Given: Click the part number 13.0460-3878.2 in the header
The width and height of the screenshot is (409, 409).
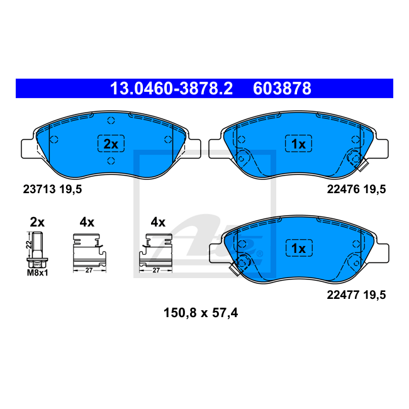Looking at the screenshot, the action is point(171,89).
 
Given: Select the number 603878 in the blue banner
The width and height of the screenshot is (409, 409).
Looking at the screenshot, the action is point(282,89).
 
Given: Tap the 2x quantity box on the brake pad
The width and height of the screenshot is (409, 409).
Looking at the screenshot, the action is point(111,143).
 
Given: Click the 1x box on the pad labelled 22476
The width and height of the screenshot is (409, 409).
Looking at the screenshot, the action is point(298,143).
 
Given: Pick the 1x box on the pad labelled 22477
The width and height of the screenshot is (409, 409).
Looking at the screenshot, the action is point(299,248).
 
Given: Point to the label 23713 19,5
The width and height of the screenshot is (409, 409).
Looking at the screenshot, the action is point(52,189).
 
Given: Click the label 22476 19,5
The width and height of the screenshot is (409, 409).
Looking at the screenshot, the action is point(356,189).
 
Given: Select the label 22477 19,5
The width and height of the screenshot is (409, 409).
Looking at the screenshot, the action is point(356,294).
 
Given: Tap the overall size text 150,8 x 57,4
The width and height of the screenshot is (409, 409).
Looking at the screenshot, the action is point(201,313).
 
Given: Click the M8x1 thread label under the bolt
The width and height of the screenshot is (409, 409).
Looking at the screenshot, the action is point(38,273).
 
